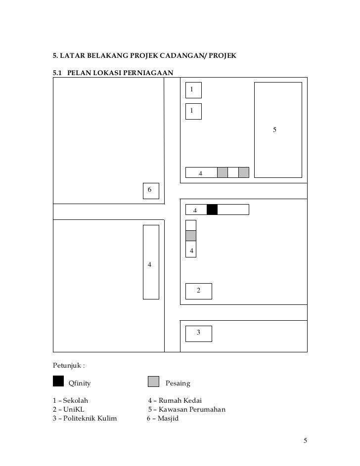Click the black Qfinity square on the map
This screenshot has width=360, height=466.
pyautogui.click(x=212, y=210)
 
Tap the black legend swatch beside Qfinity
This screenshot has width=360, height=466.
pyautogui.click(x=58, y=381)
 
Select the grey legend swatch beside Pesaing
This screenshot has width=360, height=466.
pyautogui.click(x=154, y=381)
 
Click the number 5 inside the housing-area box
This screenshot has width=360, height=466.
pyautogui.click(x=275, y=129)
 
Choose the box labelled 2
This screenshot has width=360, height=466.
pyautogui.click(x=198, y=291)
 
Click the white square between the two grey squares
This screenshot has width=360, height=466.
pyautogui.click(x=233, y=172)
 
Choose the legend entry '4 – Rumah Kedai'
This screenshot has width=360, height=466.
pyautogui.click(x=175, y=401)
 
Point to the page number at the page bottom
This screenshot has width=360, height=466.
pyautogui.click(x=305, y=441)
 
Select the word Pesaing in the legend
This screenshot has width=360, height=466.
pyautogui.click(x=178, y=383)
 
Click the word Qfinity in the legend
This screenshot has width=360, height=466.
pyautogui.click(x=80, y=383)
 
